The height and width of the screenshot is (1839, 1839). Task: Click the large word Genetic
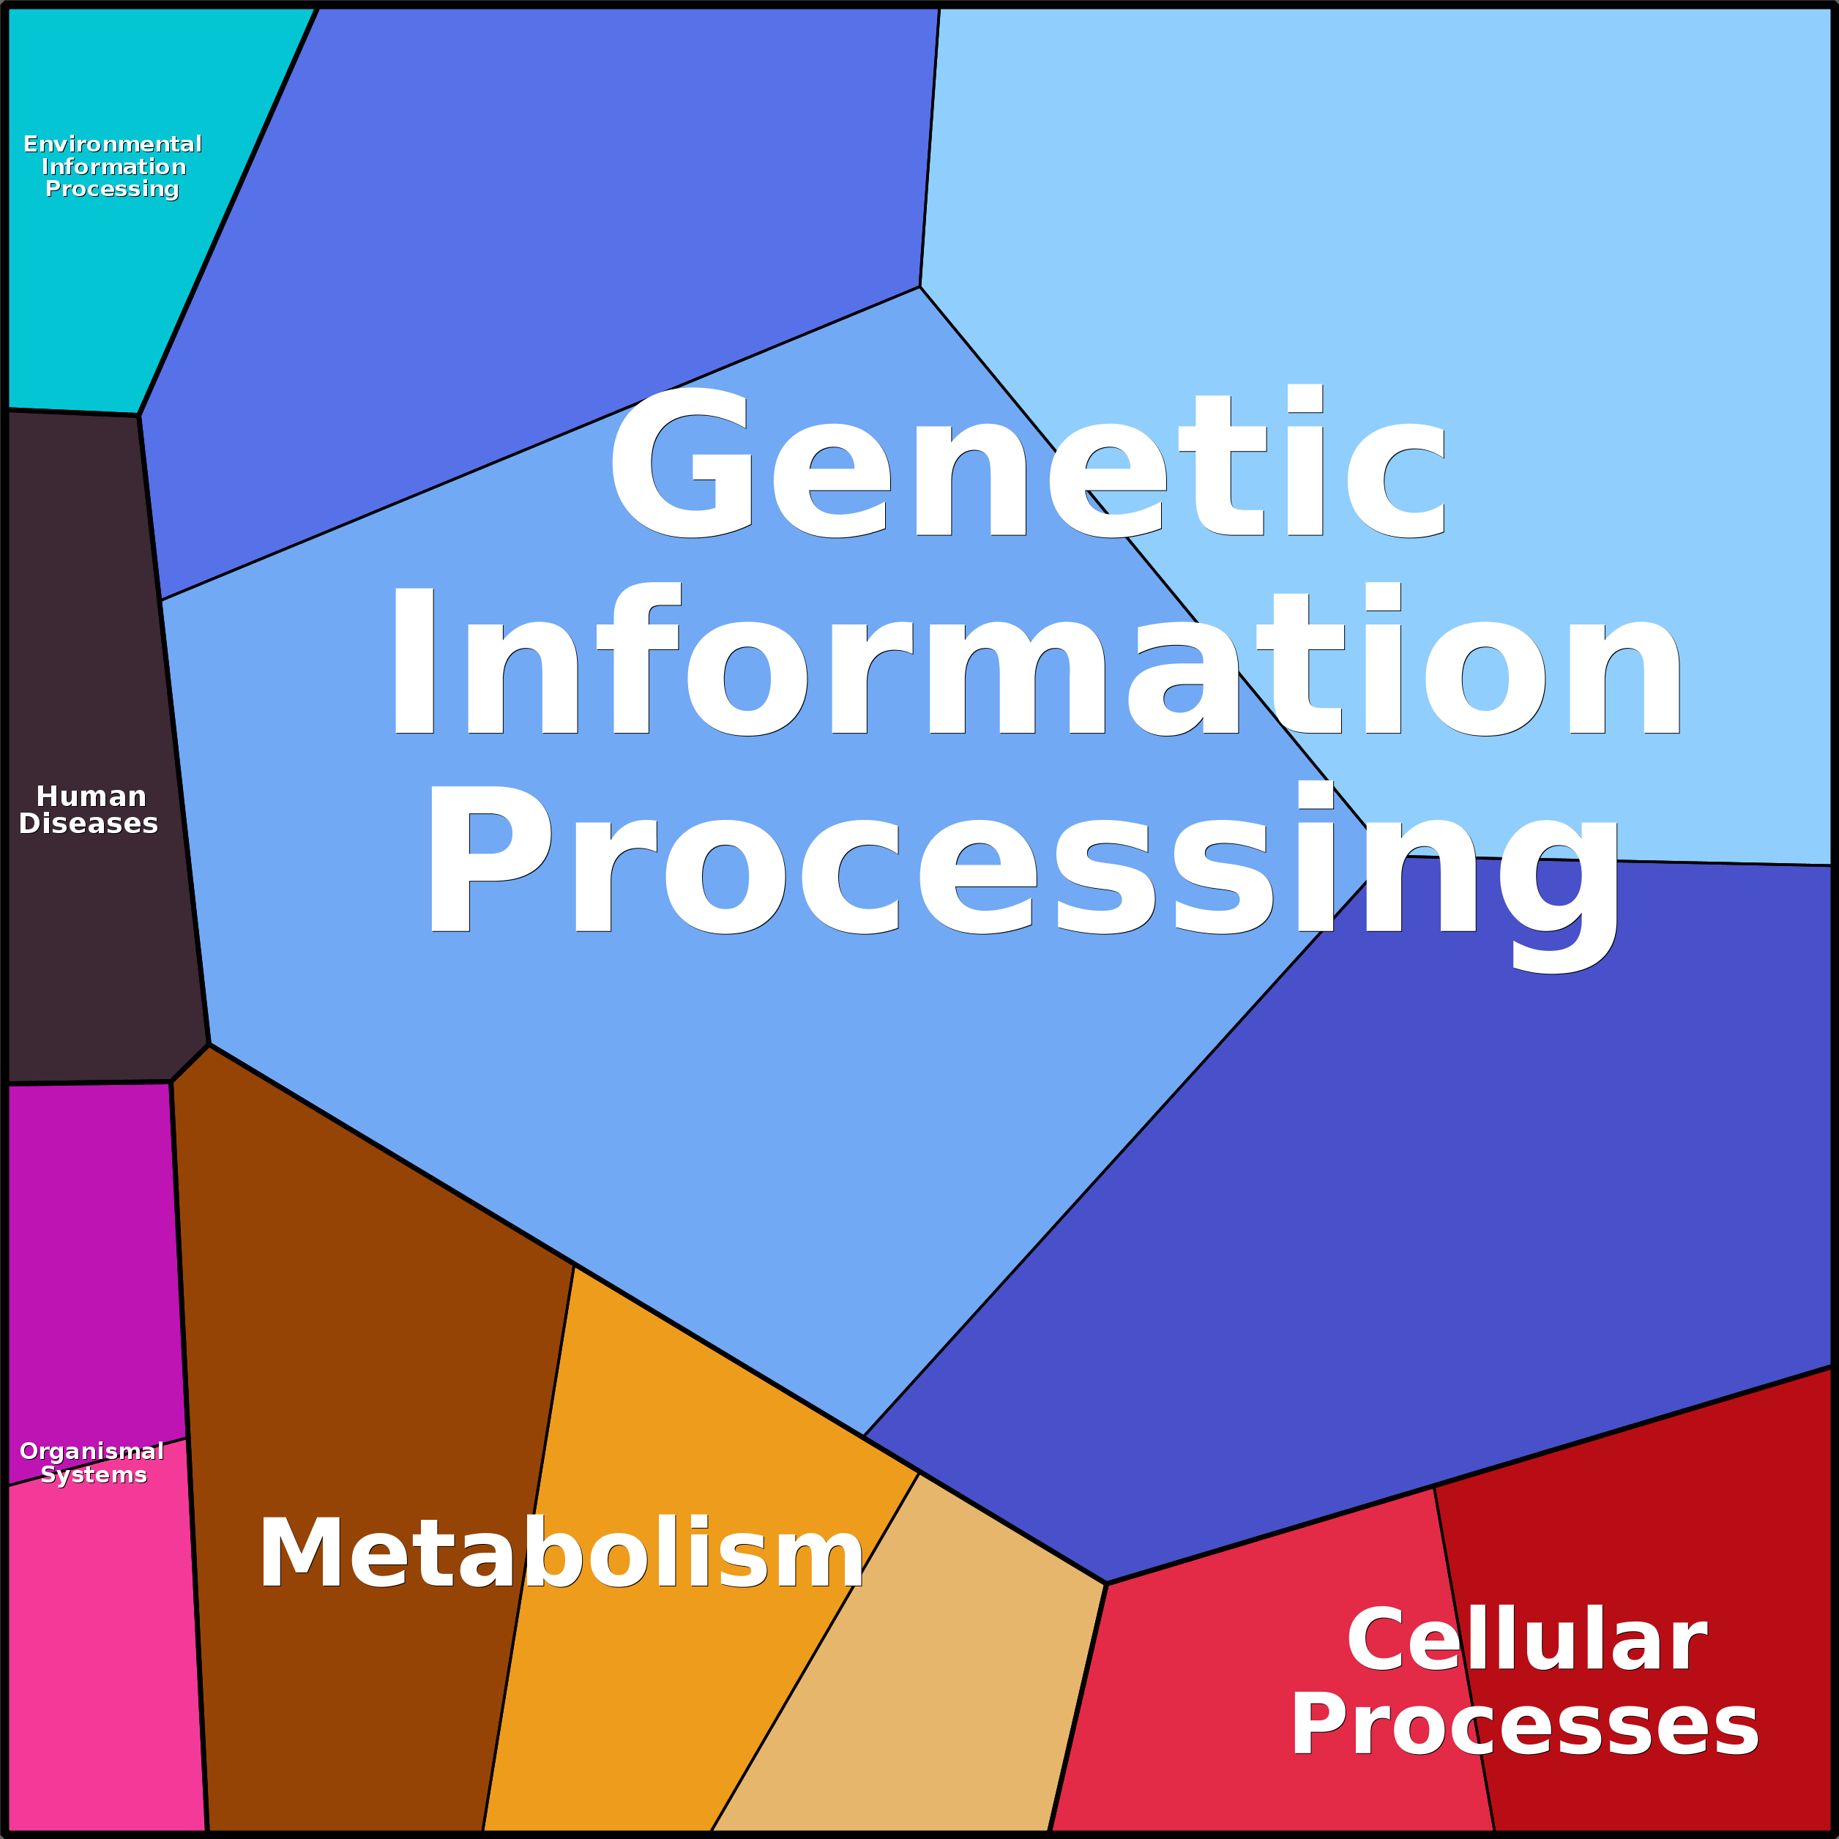point(1028,463)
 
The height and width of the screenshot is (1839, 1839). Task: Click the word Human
point(92,797)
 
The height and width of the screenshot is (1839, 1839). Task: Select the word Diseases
point(89,824)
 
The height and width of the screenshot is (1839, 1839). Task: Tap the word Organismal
point(92,1451)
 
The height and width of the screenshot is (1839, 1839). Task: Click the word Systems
point(93,1474)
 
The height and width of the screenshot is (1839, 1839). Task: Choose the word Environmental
point(112,143)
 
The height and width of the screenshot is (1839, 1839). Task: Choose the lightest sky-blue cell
point(1428,238)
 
